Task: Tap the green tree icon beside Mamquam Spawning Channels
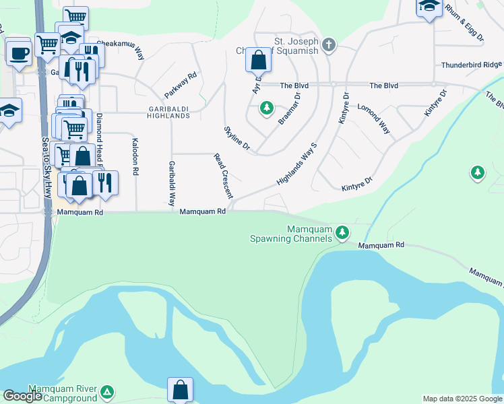343,232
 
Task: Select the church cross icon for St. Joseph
328,45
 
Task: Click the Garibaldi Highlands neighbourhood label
160,112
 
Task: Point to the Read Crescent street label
223,176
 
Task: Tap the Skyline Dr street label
237,137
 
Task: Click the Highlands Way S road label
296,164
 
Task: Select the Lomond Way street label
374,116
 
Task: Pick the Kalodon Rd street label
135,156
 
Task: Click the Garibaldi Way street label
172,183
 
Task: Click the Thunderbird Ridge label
472,65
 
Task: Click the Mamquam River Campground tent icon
107,392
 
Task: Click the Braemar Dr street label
290,108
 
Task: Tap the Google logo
22,396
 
